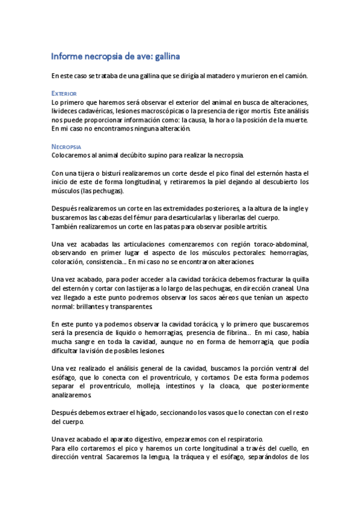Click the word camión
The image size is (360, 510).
(293, 76)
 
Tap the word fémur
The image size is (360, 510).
(171, 217)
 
